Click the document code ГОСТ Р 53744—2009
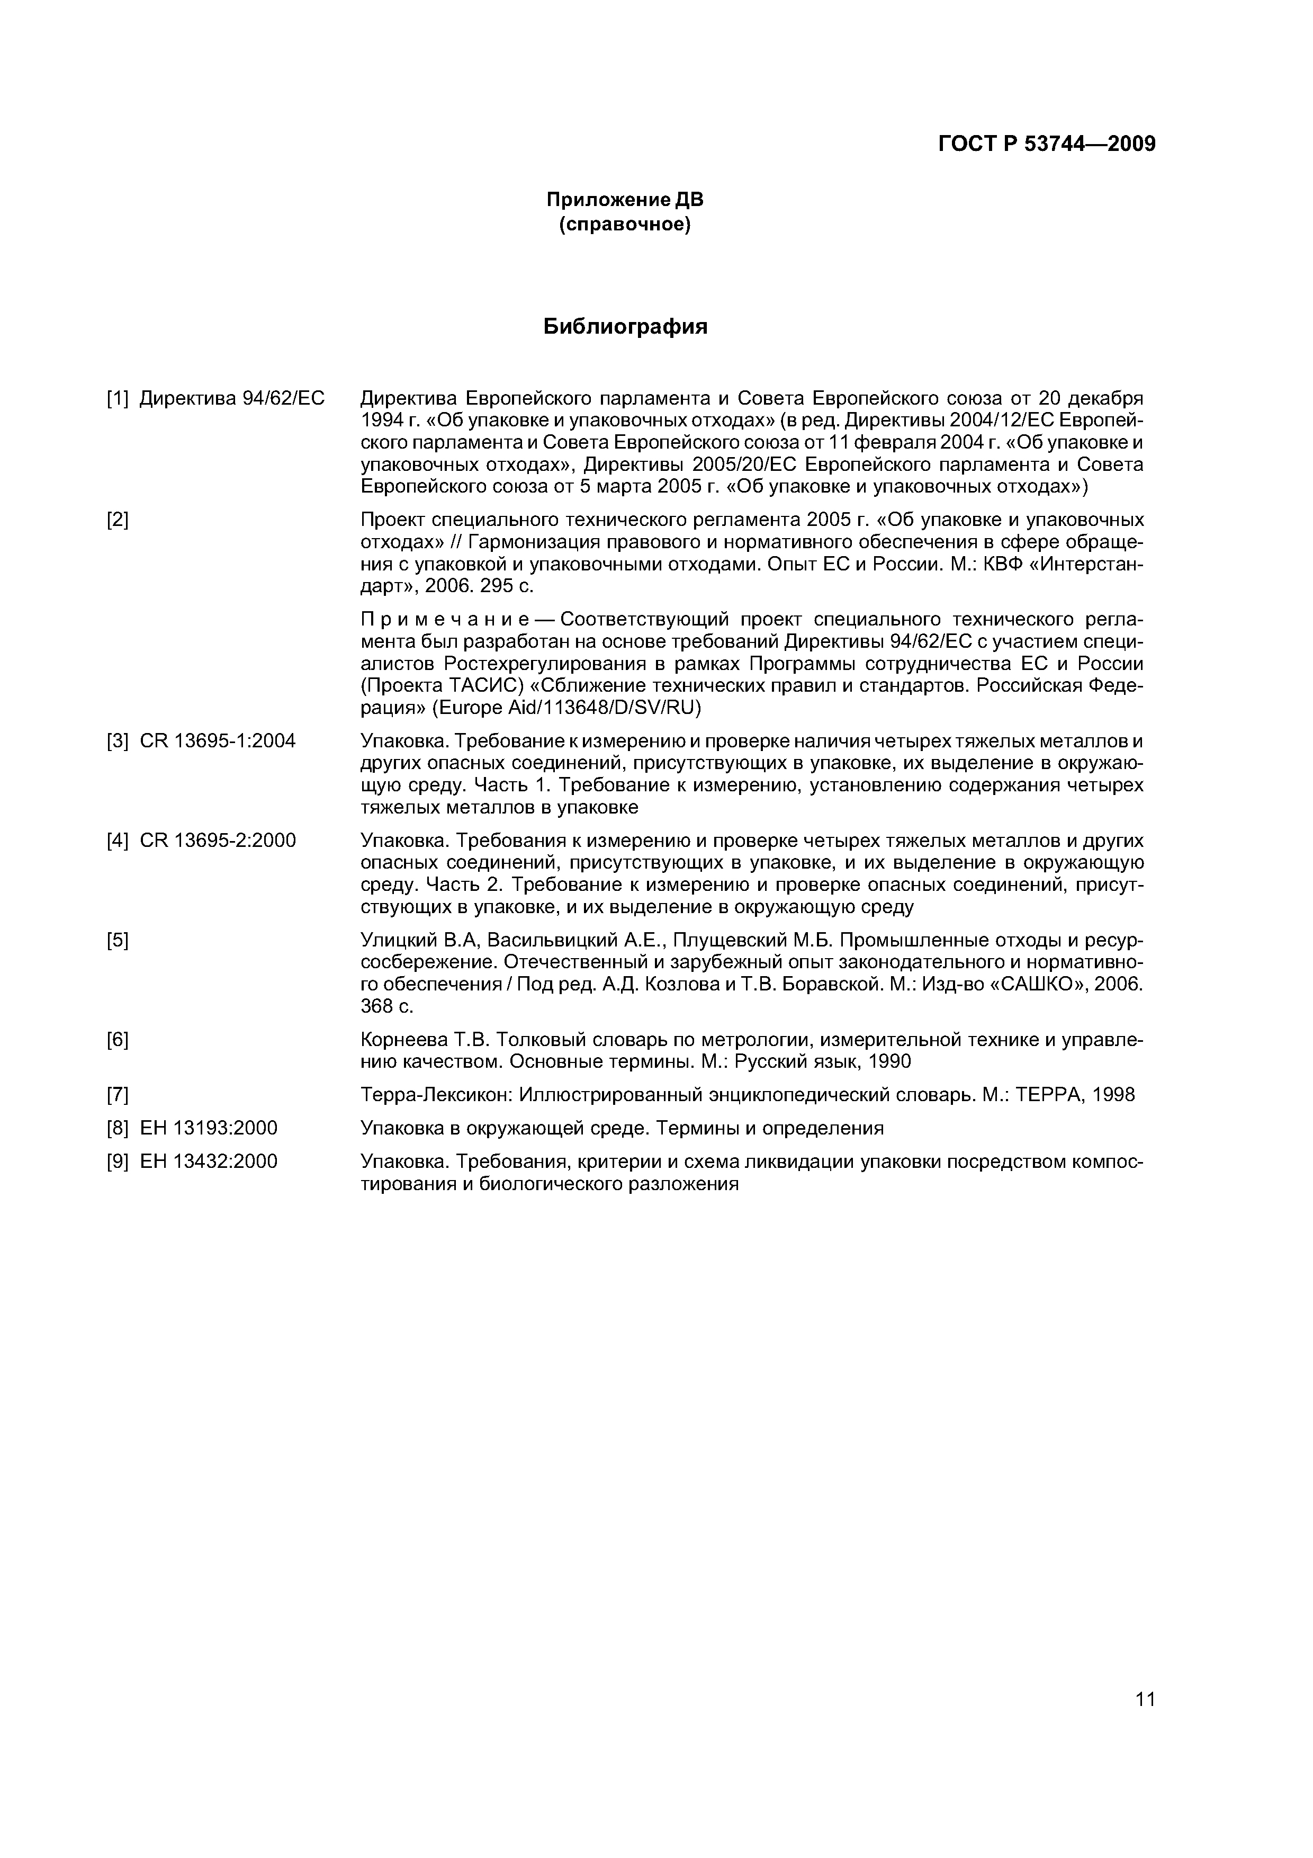point(1046,144)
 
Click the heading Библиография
point(625,326)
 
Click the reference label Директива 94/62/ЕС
point(231,398)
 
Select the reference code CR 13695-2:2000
point(218,841)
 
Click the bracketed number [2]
point(118,520)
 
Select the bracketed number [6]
point(118,1040)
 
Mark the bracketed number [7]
point(118,1095)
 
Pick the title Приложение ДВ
point(625,199)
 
